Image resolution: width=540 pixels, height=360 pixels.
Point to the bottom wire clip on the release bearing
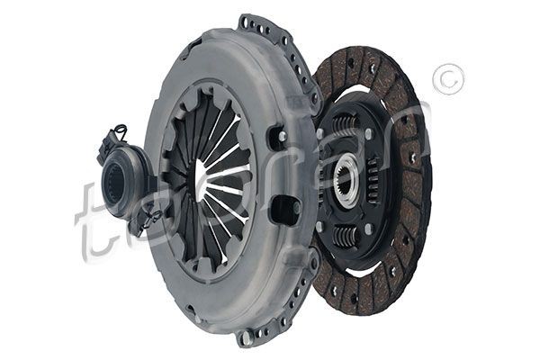pos(151,216)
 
